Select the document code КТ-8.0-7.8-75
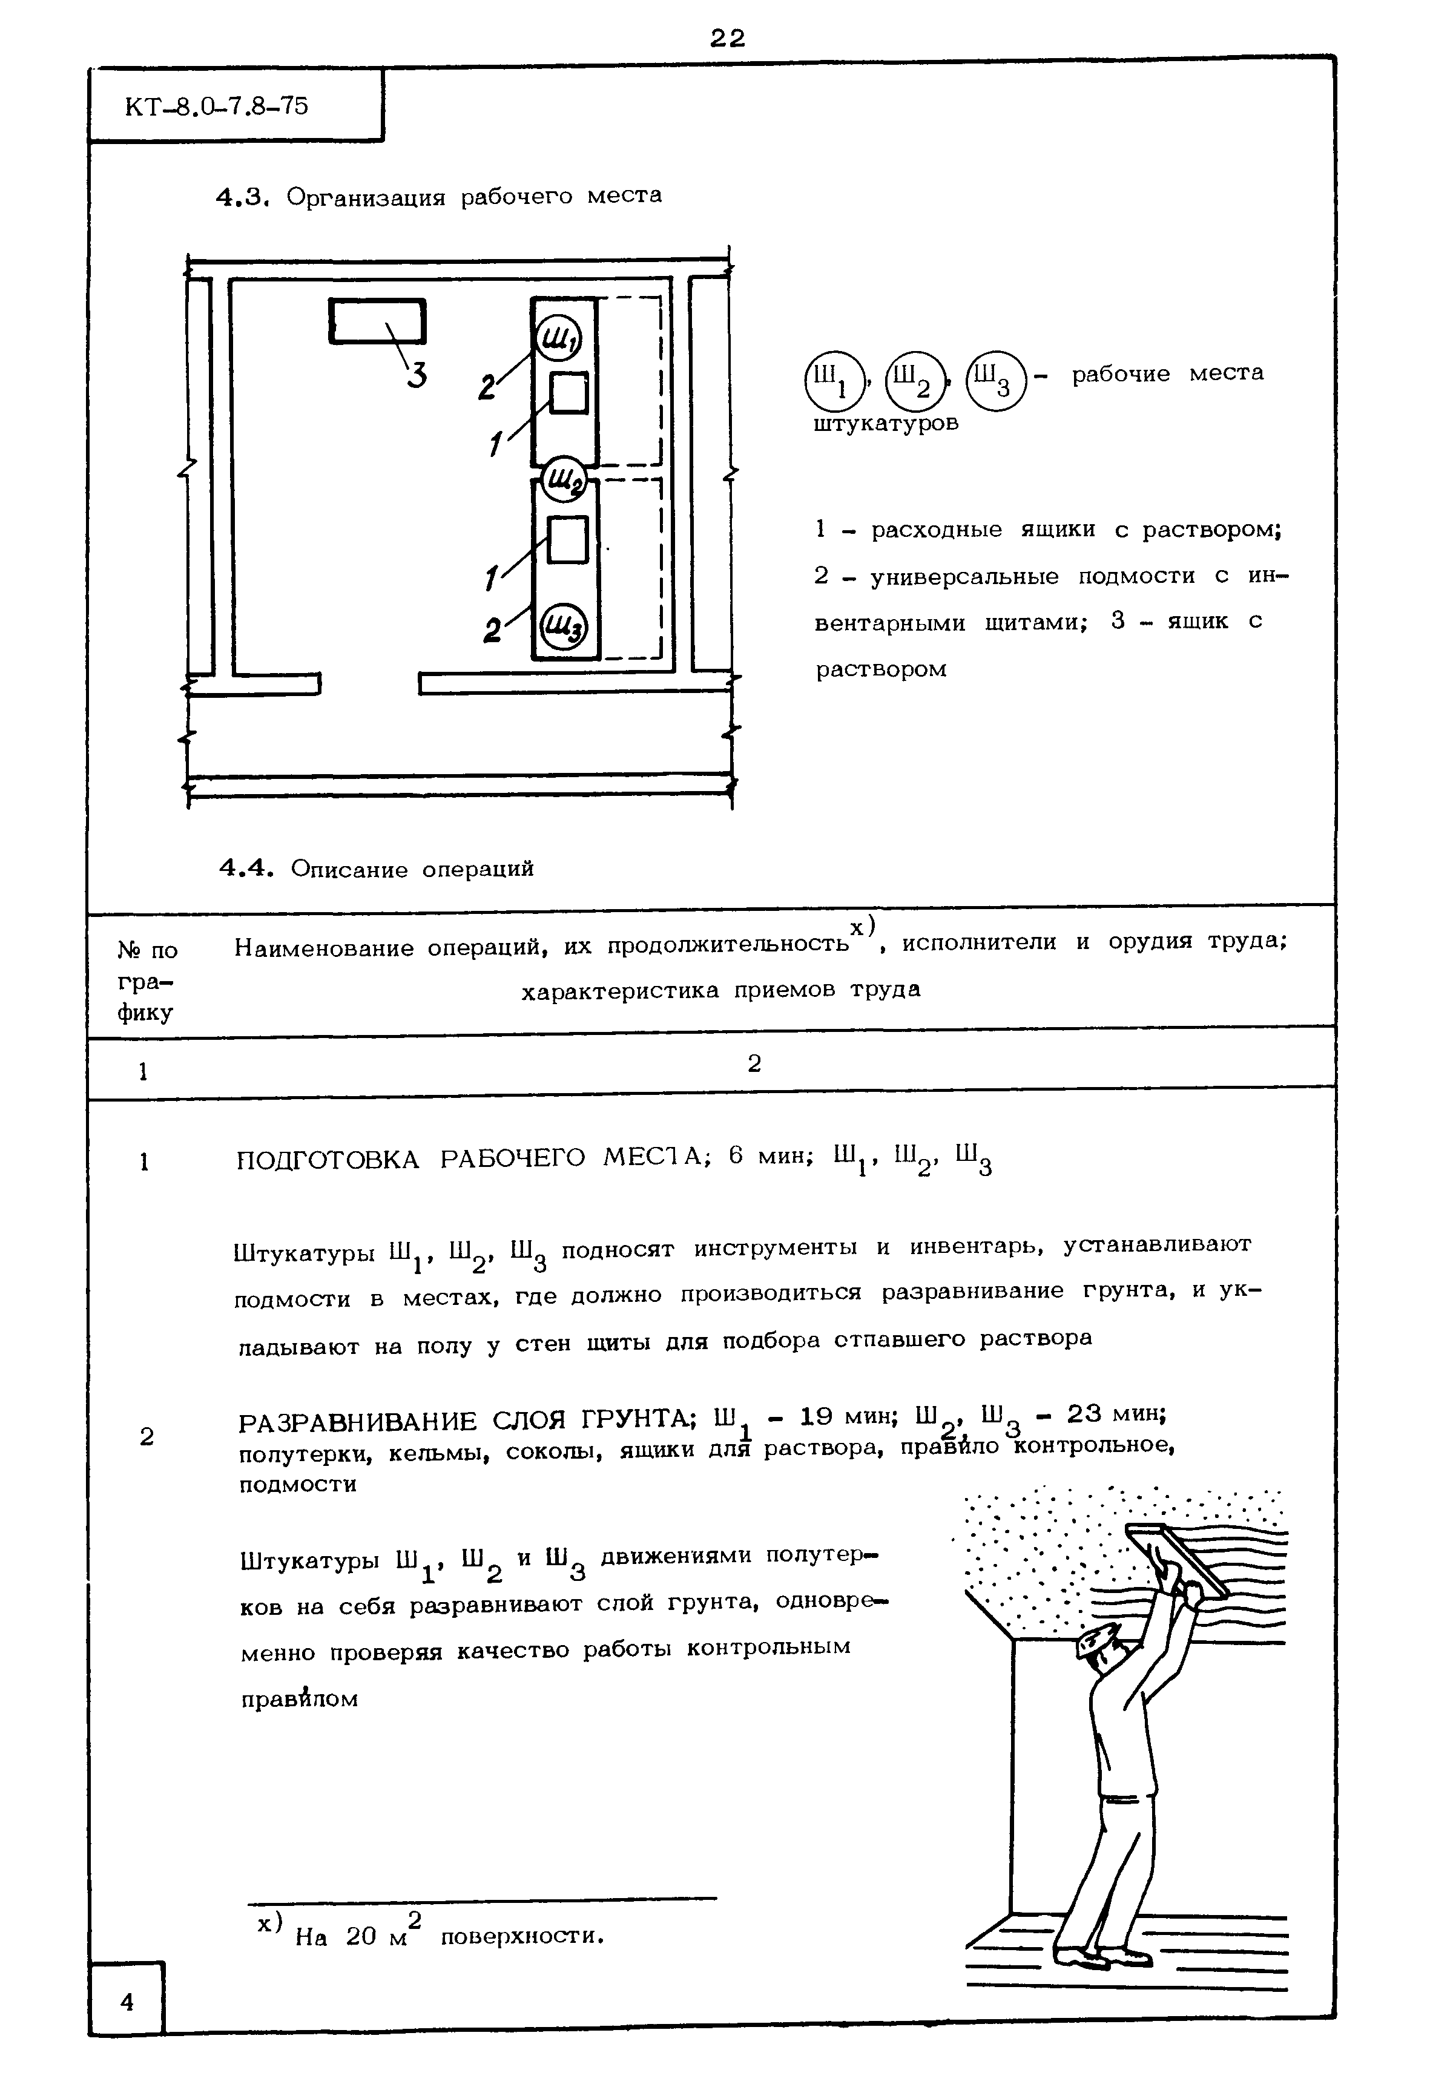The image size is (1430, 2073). click(217, 107)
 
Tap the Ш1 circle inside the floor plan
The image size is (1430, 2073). click(558, 340)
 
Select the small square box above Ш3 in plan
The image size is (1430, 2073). click(567, 540)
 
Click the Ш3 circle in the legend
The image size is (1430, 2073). click(995, 379)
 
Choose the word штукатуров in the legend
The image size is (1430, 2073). click(885, 424)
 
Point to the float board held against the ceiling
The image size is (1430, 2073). click(1176, 1559)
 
